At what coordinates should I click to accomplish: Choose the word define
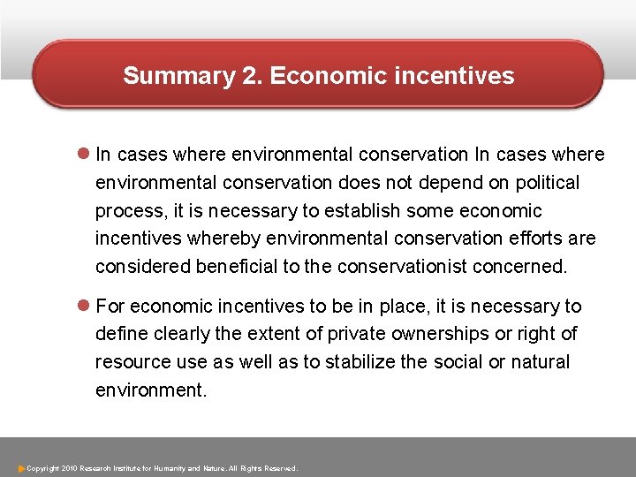(x=118, y=334)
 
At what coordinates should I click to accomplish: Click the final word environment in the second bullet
(x=150, y=390)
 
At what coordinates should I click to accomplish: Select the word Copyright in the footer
(x=43, y=467)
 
